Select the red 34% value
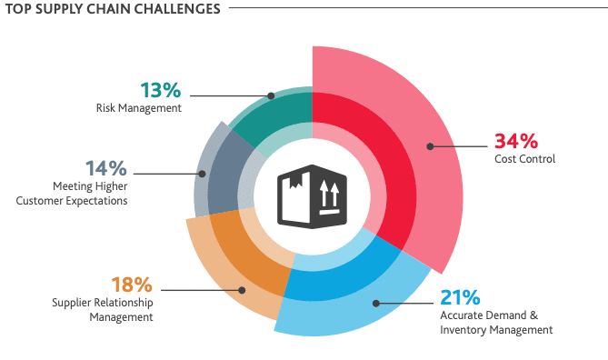pos(516,141)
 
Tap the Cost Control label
pos(524,159)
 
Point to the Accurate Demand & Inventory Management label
pos(495,323)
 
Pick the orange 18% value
pos(133,286)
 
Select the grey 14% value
pos(106,168)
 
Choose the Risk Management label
pos(138,107)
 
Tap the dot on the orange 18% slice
pos(242,291)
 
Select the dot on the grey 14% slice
pos(202,173)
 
